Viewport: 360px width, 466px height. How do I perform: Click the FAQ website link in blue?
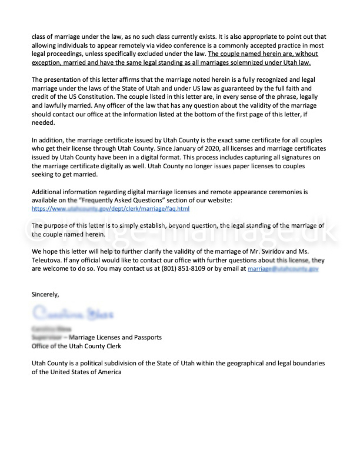pos(111,208)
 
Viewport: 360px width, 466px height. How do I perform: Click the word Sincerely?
pos(45,294)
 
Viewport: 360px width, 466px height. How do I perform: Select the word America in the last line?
pos(106,372)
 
